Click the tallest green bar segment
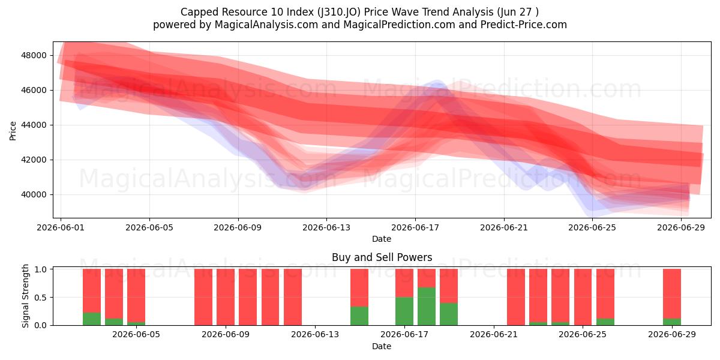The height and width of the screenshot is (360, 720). pos(427,306)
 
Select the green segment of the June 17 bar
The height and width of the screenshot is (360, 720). pos(404,311)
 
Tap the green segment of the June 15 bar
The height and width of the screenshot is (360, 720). pos(359,316)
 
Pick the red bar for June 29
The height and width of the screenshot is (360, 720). pos(672,294)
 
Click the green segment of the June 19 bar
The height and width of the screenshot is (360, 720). pos(449,314)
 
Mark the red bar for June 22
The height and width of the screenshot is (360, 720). pos(516,297)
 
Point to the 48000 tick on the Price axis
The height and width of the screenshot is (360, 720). pos(34,55)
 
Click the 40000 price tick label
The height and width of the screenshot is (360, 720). pos(34,195)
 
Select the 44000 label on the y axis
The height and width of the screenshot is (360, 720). pos(34,125)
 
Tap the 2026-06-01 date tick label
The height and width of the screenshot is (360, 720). pos(61,227)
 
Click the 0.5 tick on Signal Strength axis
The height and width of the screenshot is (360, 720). pos(40,298)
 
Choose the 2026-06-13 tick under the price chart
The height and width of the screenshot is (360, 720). pos(326,227)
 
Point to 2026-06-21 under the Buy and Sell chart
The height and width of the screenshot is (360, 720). pos(494,334)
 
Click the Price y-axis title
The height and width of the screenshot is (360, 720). pos(13,131)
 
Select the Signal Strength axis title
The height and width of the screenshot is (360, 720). pos(25,296)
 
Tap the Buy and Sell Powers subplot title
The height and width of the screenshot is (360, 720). pos(382,257)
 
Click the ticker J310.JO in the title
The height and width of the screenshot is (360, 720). pos(338,12)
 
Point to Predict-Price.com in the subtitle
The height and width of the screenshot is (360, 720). pos(524,25)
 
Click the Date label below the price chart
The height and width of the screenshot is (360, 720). pos(382,239)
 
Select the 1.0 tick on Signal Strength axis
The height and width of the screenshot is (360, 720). pos(40,269)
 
